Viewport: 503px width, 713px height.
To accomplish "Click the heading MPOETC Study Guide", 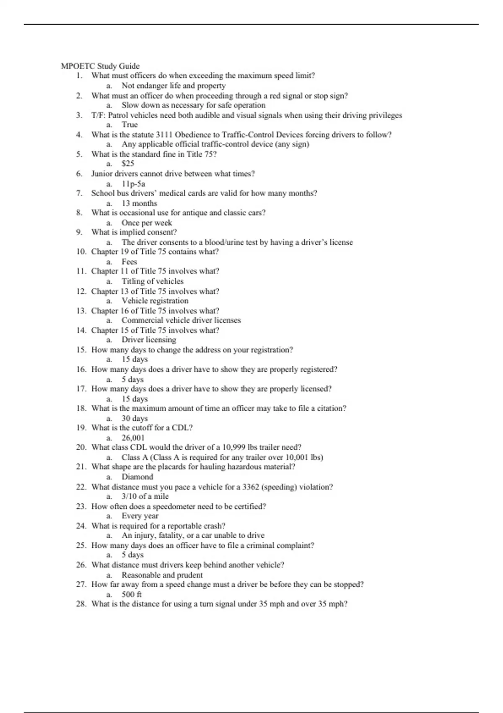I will pos(100,66).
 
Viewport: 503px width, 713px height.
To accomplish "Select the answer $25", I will pos(128,164).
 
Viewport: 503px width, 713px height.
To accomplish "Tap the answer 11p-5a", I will pos(133,184).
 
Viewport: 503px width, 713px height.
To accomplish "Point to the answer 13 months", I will pos(139,203).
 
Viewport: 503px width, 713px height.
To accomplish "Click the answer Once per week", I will pos(147,223).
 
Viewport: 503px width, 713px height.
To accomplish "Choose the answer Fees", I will pos(129,261).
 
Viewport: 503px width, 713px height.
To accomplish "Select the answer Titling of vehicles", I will pos(153,281).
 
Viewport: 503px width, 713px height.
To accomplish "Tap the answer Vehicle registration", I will pos(155,301).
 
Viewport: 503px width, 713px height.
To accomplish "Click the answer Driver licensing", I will pos(149,340).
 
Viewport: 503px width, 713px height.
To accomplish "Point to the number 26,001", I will pos(133,437).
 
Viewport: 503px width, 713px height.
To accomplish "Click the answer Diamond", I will pos(137,476).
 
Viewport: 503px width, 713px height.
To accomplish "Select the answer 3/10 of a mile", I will pos(145,496).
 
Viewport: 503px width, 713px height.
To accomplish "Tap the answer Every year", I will pos(140,516).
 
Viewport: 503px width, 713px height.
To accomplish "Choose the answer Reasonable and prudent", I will pos(162,575).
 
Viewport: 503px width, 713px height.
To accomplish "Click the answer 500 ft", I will pos(132,594).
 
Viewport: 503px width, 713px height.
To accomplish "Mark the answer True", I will pos(130,125).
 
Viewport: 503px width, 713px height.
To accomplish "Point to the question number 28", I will pos(81,604).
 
